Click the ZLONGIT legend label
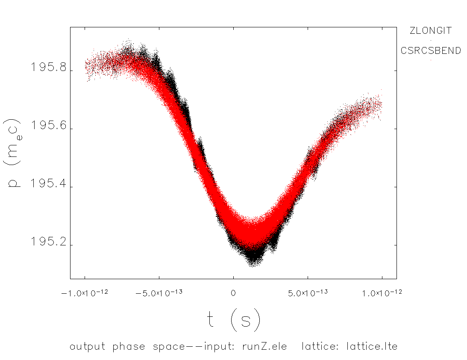(x=430, y=31)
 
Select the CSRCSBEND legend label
(x=431, y=50)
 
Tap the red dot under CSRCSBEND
(x=431, y=60)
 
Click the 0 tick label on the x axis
(x=233, y=293)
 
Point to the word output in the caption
(x=87, y=346)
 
